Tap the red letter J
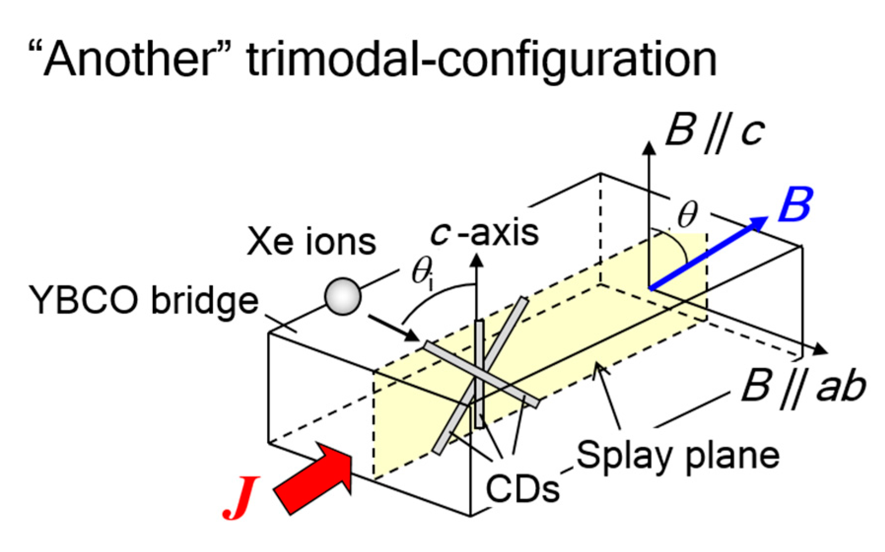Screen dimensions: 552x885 240,497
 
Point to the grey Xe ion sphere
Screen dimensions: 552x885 342,296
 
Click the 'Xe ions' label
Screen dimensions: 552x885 311,241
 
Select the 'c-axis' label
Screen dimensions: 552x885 485,233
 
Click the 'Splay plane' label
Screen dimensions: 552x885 678,455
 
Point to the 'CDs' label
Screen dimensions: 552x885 522,488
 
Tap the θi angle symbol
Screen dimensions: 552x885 422,272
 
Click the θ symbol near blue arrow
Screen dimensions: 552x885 687,215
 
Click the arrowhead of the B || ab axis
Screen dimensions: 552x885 820,349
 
